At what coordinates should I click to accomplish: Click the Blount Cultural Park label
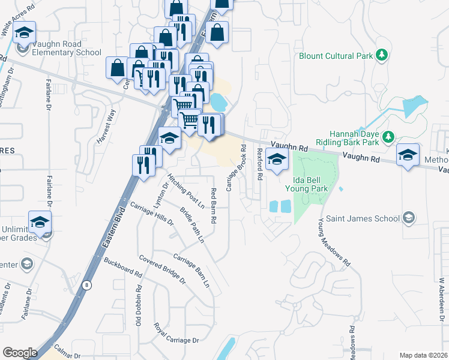pos(336,56)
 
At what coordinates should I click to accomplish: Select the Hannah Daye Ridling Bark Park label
pos(355,138)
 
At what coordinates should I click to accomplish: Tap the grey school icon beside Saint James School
pos(409,217)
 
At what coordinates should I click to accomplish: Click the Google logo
pos(20,352)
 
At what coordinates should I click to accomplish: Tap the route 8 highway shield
pos(87,286)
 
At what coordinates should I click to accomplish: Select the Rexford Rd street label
pos(260,165)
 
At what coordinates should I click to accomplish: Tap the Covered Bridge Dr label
pos(162,271)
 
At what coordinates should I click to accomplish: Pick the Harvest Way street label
pos(106,126)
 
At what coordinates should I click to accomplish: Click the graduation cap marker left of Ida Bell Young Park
pos(277,160)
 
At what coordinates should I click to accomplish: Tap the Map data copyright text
pos(423,355)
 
